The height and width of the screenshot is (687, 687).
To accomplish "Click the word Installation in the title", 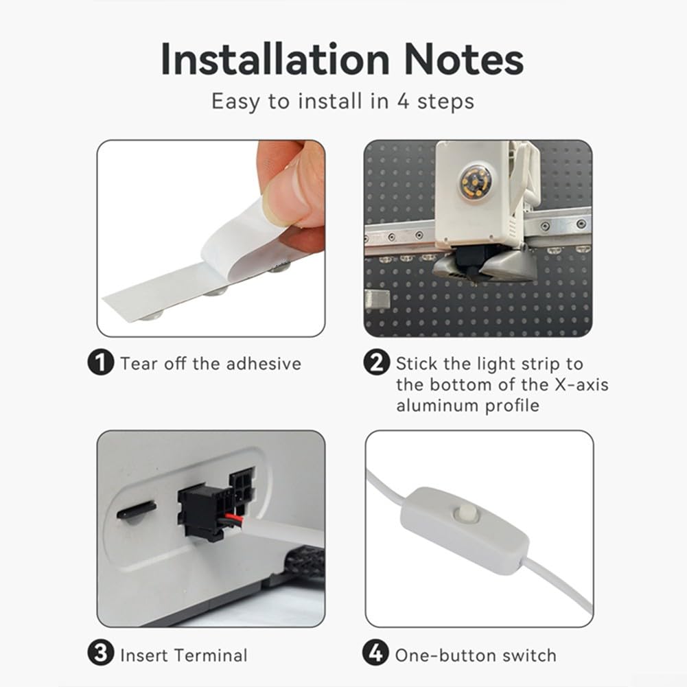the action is click(x=275, y=59).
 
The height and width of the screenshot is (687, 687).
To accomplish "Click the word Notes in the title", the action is click(x=463, y=59).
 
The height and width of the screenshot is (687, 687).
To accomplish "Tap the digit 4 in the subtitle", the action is click(x=403, y=101).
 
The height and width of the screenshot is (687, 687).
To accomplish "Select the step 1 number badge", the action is click(x=101, y=362).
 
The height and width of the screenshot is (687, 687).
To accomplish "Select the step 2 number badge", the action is click(x=376, y=362).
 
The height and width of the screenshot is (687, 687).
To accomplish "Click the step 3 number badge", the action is click(x=101, y=653).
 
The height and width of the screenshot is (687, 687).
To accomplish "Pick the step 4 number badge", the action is click(x=376, y=653).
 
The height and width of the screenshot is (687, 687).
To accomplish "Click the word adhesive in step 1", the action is click(x=264, y=364).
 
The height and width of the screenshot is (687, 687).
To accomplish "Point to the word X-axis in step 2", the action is click(x=581, y=384).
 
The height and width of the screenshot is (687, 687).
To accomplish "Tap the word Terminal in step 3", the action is click(x=211, y=655).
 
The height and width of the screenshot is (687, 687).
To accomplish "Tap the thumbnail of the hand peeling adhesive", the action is click(x=211, y=238).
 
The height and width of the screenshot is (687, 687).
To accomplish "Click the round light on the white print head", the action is click(x=473, y=181).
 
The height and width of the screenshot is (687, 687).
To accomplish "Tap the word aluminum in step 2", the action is click(x=438, y=406).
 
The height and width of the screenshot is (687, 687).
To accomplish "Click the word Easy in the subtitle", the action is click(x=235, y=102).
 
